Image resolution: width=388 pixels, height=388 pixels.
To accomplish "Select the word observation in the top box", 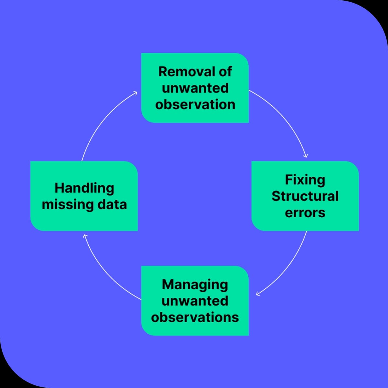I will pyautogui.click(x=195, y=105).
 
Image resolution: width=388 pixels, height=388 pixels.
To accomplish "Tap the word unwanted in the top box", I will pyautogui.click(x=195, y=88).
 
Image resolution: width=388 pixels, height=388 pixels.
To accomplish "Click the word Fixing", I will pyautogui.click(x=305, y=180).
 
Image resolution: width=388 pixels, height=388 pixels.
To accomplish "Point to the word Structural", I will pyautogui.click(x=305, y=196).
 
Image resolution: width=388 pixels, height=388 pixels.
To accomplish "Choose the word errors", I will pyautogui.click(x=305, y=213).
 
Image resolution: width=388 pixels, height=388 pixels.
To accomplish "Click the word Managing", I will pyautogui.click(x=195, y=285).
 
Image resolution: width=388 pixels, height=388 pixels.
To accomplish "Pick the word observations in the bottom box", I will pyautogui.click(x=195, y=317).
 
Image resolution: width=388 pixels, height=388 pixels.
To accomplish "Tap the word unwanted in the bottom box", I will pyautogui.click(x=195, y=301).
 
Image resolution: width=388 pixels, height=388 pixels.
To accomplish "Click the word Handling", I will pyautogui.click(x=84, y=188).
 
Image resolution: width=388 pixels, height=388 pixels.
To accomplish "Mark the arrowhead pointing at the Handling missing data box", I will pyautogui.click(x=85, y=236).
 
